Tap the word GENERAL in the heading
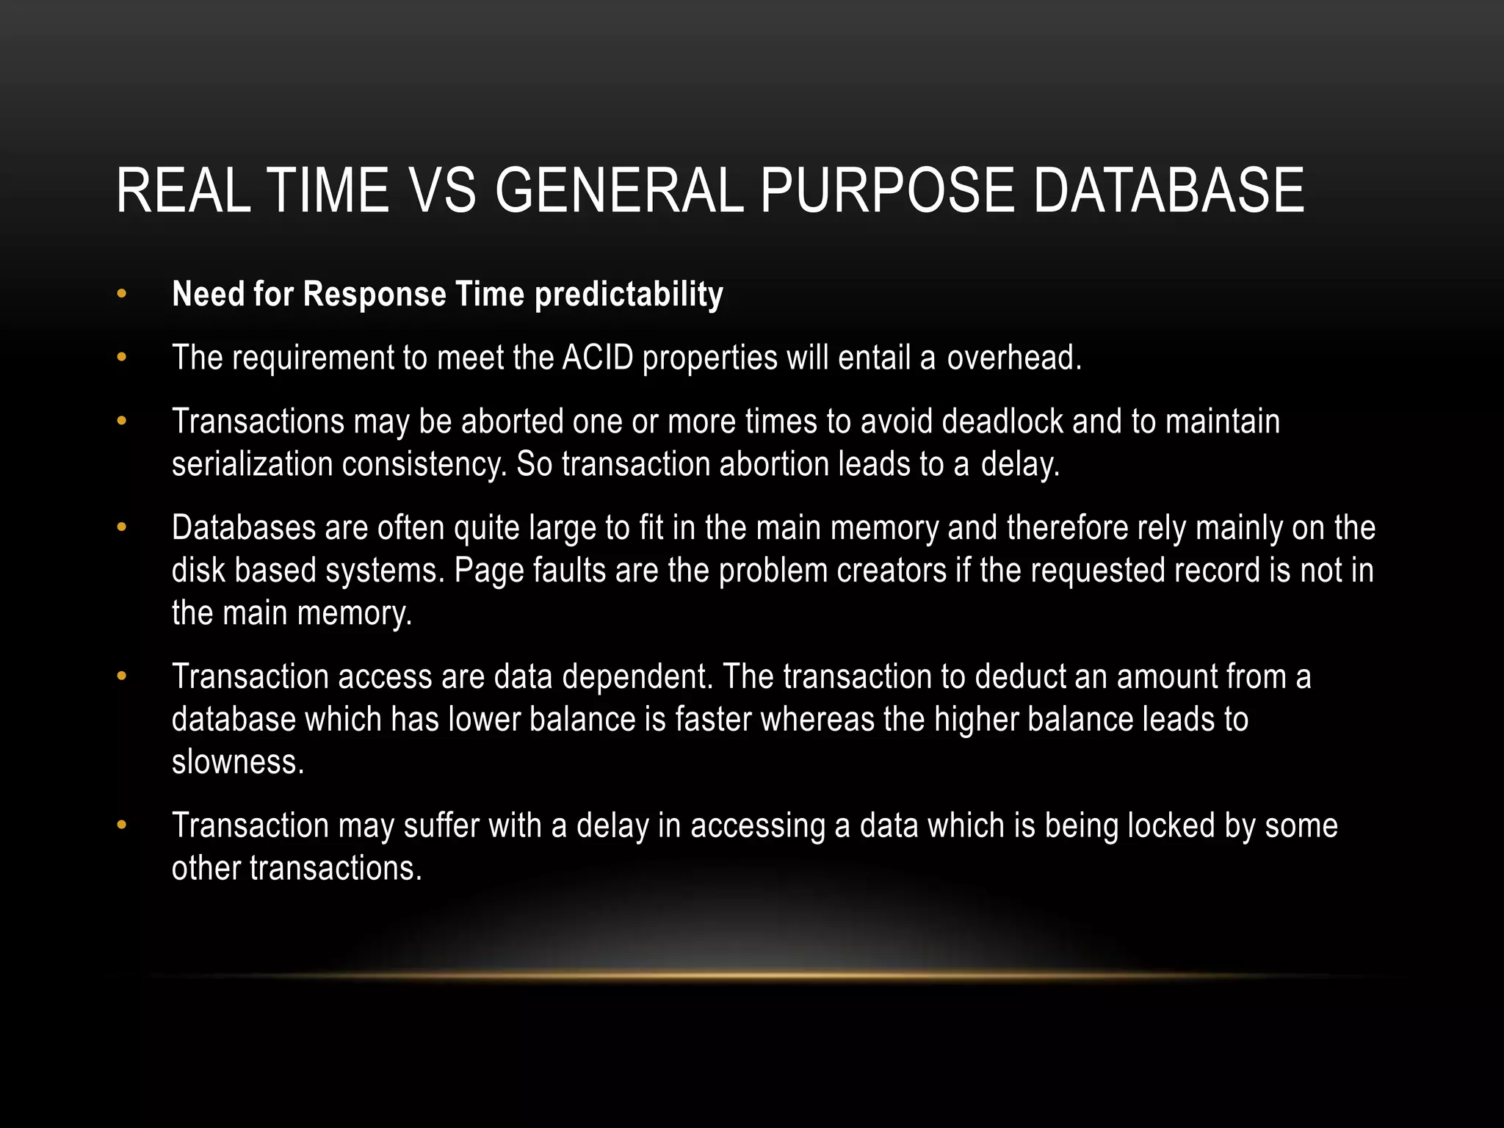(x=619, y=190)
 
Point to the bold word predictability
(x=629, y=294)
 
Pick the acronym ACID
(x=598, y=358)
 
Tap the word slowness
(x=237, y=762)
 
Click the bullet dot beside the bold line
(x=122, y=294)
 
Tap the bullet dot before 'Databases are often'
(x=122, y=528)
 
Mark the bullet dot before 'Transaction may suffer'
(x=122, y=825)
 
